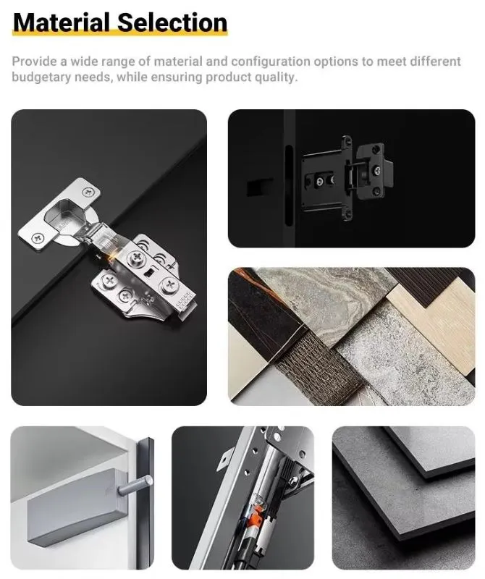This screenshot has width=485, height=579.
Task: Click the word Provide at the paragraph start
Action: coord(34,61)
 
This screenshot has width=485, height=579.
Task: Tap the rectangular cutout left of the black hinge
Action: coord(255,187)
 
